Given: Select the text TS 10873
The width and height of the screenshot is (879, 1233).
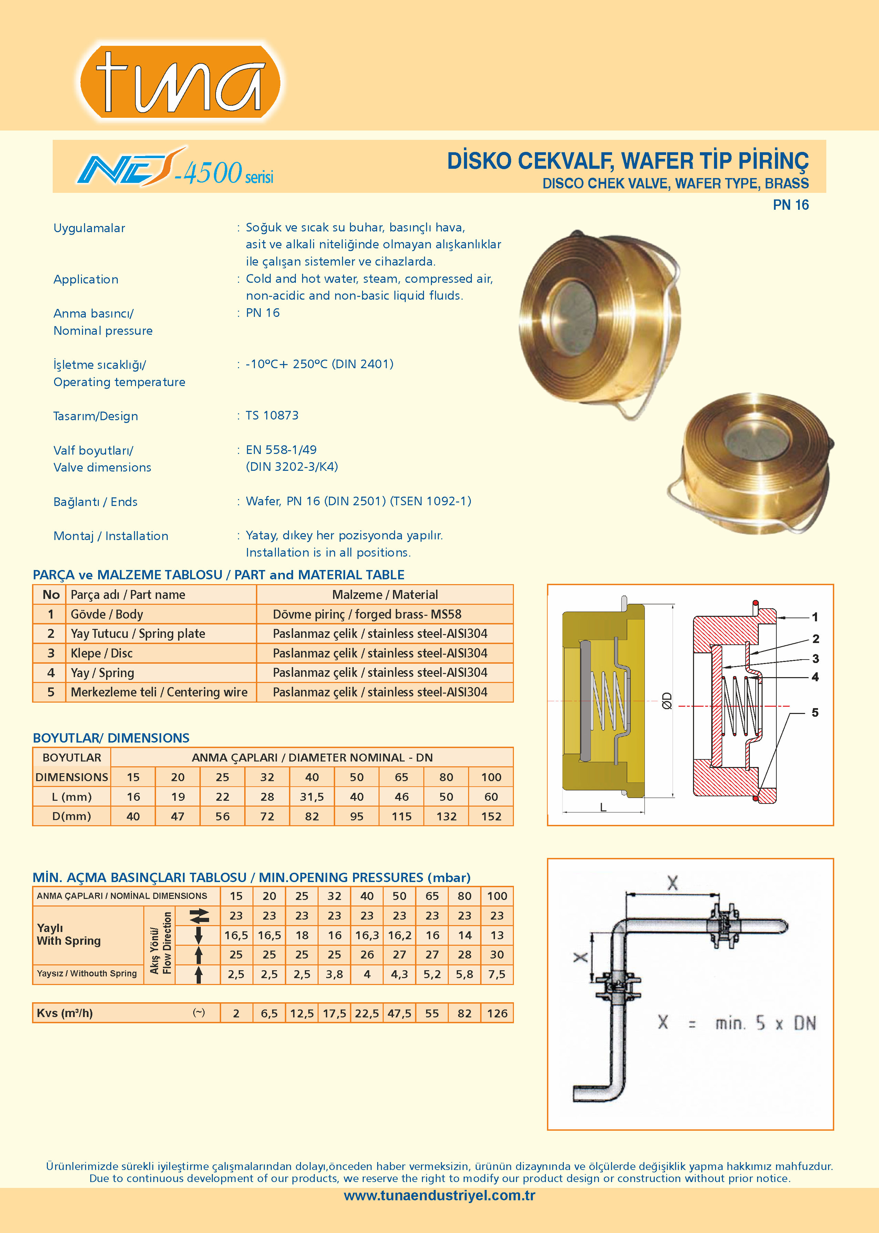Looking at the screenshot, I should (x=272, y=415).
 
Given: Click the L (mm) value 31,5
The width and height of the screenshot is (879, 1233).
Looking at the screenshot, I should (x=312, y=797).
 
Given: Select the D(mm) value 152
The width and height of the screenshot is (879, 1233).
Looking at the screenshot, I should (x=491, y=816).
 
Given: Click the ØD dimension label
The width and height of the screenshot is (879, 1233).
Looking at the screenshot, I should (x=667, y=701).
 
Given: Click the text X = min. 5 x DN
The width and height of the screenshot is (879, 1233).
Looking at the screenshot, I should (x=736, y=1023).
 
